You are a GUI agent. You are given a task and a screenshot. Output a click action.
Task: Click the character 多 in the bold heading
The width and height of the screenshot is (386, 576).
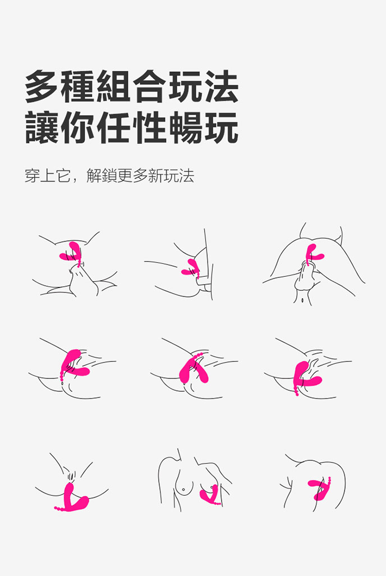point(42,86)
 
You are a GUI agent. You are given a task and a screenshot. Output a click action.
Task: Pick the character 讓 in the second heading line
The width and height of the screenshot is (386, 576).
point(42,128)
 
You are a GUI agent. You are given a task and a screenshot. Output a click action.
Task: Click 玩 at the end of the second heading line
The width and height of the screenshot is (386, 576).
point(222,128)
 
